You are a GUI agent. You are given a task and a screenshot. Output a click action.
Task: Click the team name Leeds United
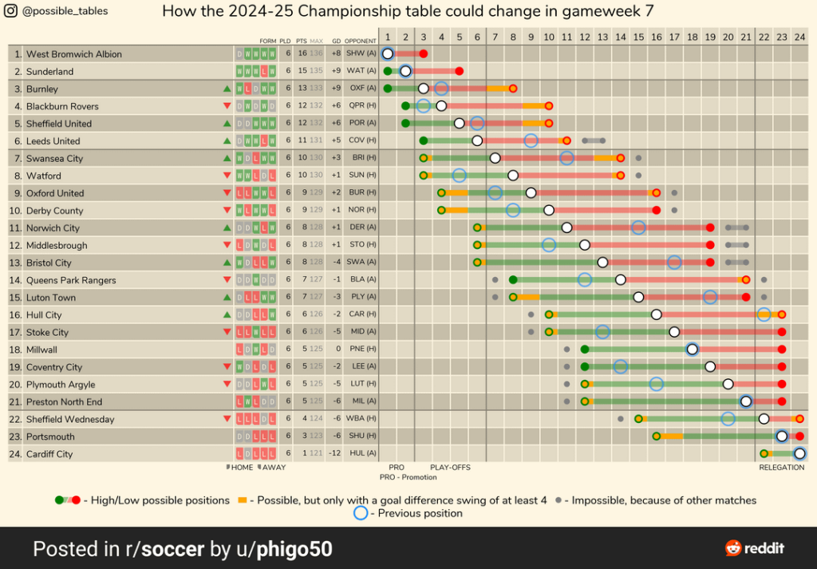[53, 141]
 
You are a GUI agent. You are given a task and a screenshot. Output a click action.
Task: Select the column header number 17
[673, 38]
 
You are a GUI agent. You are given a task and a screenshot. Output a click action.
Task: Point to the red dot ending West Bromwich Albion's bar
[423, 54]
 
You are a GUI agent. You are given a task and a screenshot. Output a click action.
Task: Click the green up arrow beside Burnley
[227, 89]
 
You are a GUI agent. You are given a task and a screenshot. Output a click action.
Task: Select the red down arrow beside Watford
[227, 176]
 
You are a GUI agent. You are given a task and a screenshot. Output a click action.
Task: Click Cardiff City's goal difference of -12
[335, 454]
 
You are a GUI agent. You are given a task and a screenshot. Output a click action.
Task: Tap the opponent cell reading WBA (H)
[361, 419]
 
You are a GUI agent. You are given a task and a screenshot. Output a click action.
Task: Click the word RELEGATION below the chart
[781, 468]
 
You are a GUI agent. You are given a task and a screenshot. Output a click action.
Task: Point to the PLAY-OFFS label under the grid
[450, 468]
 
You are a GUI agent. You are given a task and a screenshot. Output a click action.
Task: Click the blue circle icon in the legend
[361, 513]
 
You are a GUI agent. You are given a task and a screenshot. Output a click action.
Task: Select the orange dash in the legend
[243, 500]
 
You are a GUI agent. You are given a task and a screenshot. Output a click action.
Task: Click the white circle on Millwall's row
[692, 350]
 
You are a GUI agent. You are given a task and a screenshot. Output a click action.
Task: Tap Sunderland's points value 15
[302, 72]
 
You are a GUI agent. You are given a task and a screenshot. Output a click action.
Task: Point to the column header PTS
[301, 41]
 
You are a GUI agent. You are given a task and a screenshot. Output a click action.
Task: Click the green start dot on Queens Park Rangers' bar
[513, 280]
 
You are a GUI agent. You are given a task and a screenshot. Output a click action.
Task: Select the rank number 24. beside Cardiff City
[16, 454]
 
